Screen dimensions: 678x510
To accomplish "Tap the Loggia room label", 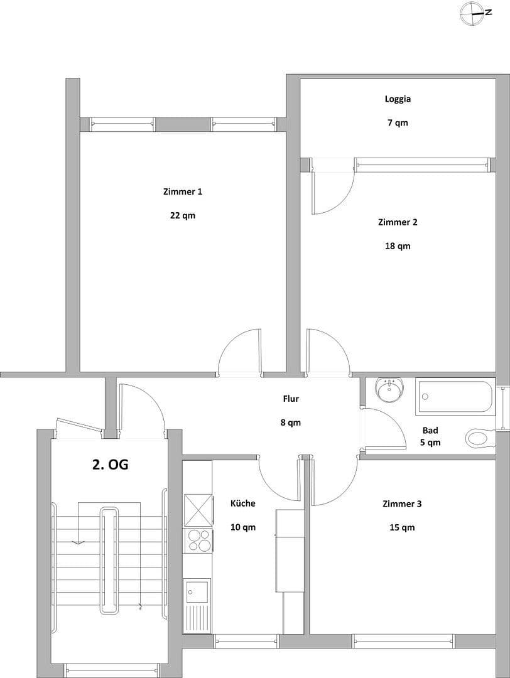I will pyautogui.click(x=398, y=99).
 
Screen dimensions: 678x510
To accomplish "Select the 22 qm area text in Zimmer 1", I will pyautogui.click(x=182, y=215).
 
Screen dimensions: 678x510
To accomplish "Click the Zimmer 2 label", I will pyautogui.click(x=398, y=222).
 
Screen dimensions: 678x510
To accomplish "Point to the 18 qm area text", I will pyautogui.click(x=398, y=246).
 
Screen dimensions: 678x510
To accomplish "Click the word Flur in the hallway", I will pyautogui.click(x=290, y=398).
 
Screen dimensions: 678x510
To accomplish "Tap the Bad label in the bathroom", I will pyautogui.click(x=430, y=430).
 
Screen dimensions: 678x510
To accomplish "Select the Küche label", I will pyautogui.click(x=243, y=503).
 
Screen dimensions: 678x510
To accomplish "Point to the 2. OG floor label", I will pyautogui.click(x=111, y=465).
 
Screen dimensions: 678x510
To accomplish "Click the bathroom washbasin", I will pyautogui.click(x=389, y=389).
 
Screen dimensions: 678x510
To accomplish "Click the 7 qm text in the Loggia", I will pyautogui.click(x=398, y=122).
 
